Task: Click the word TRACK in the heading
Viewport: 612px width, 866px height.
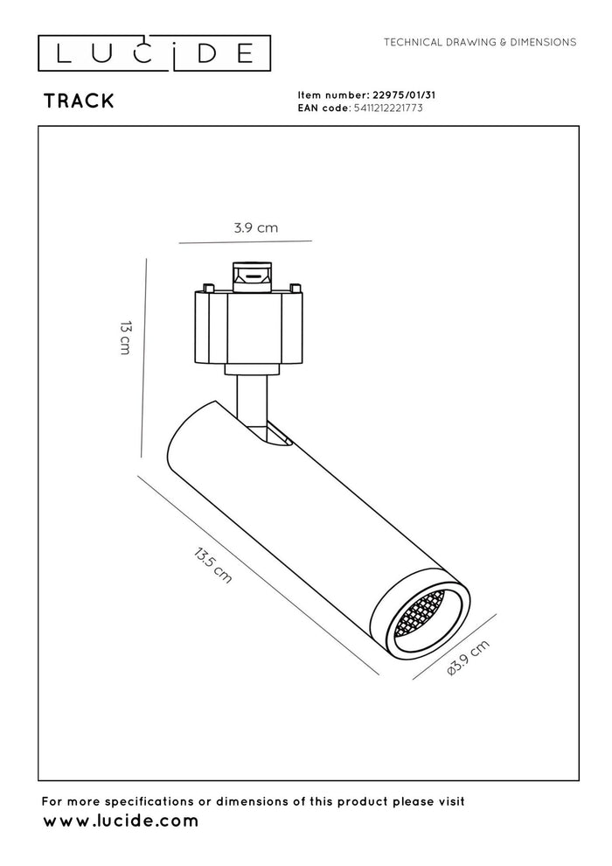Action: (x=79, y=101)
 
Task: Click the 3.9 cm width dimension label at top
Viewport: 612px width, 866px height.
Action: (x=255, y=227)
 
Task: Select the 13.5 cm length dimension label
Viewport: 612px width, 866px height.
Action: (x=213, y=566)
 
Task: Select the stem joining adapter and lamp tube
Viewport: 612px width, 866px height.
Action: (x=251, y=398)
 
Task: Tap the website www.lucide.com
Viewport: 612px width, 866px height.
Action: (x=121, y=821)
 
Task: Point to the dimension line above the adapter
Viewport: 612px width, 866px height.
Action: (x=244, y=241)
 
